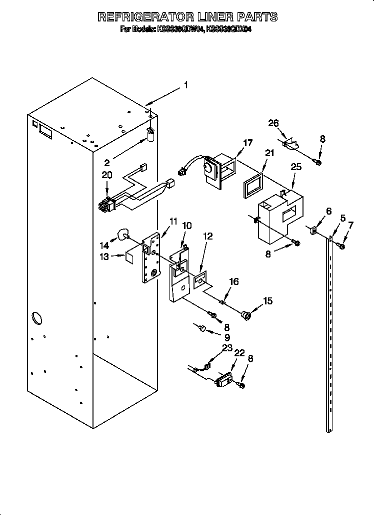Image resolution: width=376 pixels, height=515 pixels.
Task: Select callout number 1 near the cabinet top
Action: (x=185, y=85)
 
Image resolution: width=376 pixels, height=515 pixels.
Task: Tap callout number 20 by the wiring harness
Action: (x=106, y=175)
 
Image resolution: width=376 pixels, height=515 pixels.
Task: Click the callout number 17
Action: (x=247, y=143)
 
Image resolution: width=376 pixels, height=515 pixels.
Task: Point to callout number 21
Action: (x=269, y=153)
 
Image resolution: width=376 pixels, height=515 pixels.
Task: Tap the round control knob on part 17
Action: (x=207, y=171)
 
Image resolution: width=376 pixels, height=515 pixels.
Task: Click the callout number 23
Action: (x=227, y=348)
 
